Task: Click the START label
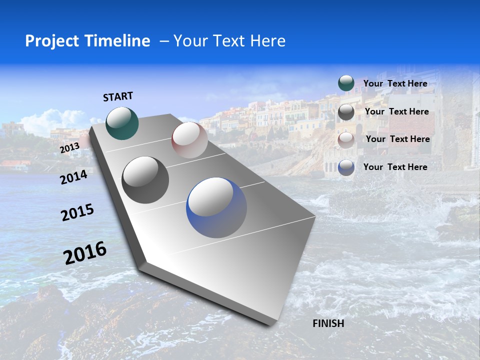tap(118, 96)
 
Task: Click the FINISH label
tap(328, 323)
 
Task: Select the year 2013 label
tap(69, 148)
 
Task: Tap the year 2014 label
tap(74, 177)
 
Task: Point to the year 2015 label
tap(77, 212)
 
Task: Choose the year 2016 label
tap(85, 252)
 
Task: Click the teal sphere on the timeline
tap(122, 123)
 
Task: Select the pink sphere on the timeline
tap(189, 140)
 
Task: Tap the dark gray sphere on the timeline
tap(145, 179)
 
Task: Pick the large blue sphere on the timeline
tap(216, 207)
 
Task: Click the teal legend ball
tap(346, 83)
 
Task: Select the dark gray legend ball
tap(346, 112)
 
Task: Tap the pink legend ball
tap(346, 140)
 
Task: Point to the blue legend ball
tap(346, 167)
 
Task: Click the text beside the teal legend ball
tap(395, 83)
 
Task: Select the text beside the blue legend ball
tap(395, 167)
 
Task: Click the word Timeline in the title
tap(116, 41)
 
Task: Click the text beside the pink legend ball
tap(397, 139)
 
